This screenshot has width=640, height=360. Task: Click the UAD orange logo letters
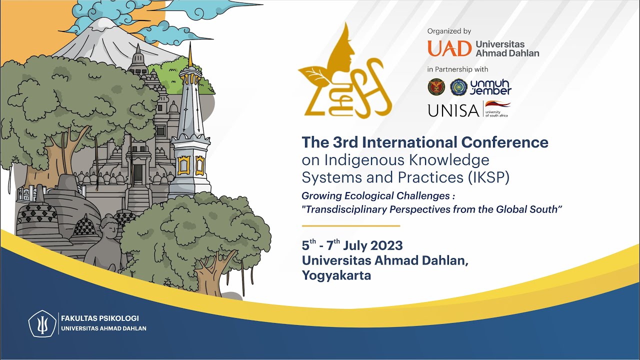tap(449, 48)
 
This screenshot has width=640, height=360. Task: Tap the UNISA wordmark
tap(453, 110)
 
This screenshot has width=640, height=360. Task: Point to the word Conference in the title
tap(504, 142)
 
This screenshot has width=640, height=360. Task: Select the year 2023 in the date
tap(385, 246)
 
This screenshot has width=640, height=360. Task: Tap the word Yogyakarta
tap(336, 275)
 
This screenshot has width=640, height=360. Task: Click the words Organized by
tap(449, 31)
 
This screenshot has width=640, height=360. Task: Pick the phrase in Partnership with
tap(457, 69)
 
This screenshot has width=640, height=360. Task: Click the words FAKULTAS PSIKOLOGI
tap(100, 318)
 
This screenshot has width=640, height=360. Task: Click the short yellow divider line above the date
tap(350, 226)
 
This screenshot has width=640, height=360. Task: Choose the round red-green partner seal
tap(436, 87)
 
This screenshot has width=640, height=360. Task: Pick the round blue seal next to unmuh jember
tap(458, 87)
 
